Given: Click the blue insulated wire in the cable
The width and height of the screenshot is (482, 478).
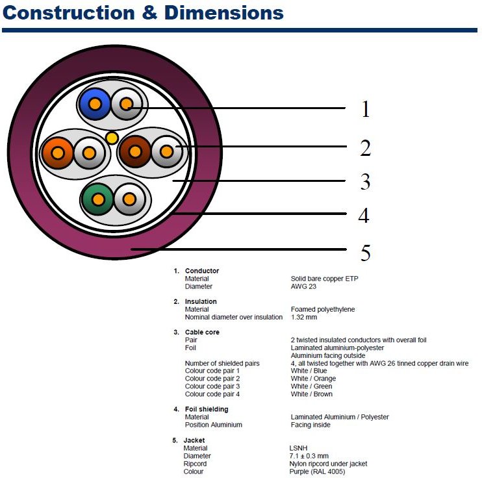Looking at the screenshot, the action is coord(95,104).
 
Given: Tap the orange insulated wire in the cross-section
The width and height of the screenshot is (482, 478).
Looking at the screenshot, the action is coord(57,153).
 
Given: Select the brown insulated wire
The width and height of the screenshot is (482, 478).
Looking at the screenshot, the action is coord(135,151).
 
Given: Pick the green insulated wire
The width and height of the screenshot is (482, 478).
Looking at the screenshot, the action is coord(97,199).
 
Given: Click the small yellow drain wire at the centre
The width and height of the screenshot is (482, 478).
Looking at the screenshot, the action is coord(112,138).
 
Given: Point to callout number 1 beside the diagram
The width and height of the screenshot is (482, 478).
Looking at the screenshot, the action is coord(365,109).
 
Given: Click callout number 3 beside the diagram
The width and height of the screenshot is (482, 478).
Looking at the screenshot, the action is coord(365,181).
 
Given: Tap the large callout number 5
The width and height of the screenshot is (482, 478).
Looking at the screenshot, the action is coord(366,253).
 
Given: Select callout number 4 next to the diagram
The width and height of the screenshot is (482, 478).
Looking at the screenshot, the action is coord(364,215).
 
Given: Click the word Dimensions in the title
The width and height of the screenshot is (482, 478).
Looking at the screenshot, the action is coord(223,13).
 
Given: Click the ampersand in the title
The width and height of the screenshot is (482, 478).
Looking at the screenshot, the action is coord(149,13).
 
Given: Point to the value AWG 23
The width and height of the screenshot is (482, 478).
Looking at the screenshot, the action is coord(303,286).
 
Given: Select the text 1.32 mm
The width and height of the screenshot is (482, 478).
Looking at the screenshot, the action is coord(304,317).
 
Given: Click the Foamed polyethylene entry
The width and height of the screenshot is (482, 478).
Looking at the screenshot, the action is coord(323,309).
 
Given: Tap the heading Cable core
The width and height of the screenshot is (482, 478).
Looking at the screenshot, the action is coord(202,333).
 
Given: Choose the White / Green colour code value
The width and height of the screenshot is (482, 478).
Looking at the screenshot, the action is coord(311,386).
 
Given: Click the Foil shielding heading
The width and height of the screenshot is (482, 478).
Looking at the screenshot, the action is coord(207,409).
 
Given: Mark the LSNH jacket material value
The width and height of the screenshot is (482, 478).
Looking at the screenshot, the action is coord(298,448).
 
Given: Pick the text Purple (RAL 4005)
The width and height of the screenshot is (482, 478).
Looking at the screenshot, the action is coord(317,472).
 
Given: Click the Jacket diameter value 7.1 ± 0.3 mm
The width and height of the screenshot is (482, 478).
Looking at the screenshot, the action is coord(309,456).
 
